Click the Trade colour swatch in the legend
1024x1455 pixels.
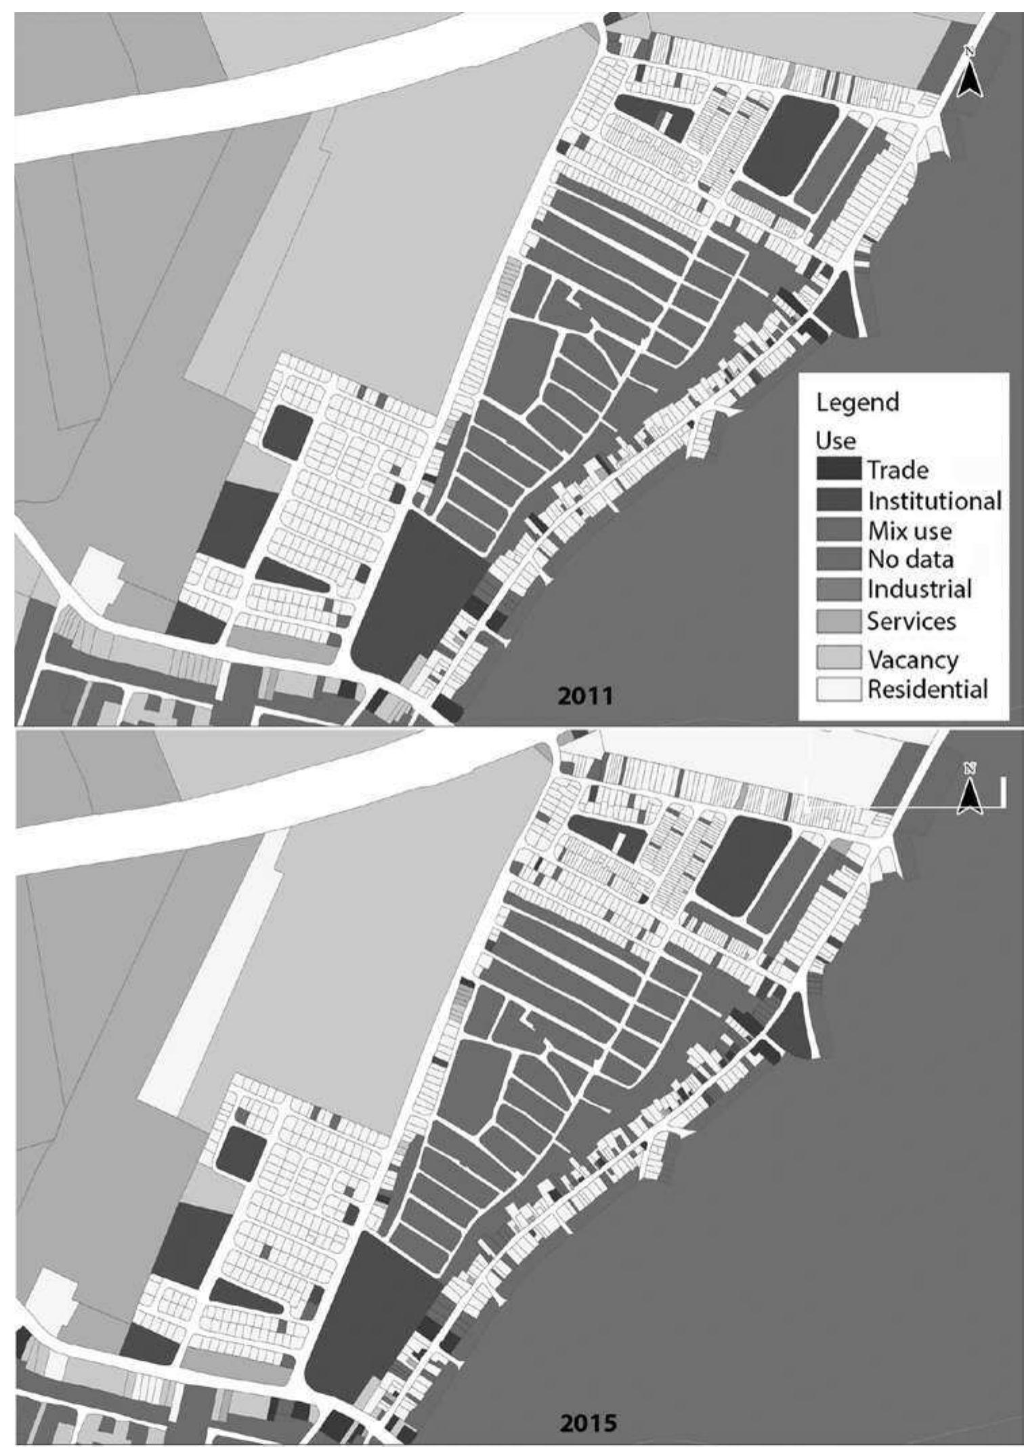point(838,468)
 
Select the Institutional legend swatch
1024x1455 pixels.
point(838,499)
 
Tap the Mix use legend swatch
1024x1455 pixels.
point(838,529)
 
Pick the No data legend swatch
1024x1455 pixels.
point(838,559)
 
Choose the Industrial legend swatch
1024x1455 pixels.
point(838,589)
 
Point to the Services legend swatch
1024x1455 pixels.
point(838,621)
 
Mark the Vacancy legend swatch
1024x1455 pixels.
point(838,658)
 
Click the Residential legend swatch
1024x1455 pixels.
point(838,689)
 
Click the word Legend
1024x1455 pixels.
point(857,403)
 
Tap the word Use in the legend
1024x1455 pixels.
point(836,440)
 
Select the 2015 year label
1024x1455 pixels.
point(589,1422)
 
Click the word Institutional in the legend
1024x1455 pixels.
point(934,500)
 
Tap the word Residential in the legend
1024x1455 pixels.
point(927,689)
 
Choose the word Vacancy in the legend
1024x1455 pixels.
point(913,659)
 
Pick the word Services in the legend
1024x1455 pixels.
point(912,621)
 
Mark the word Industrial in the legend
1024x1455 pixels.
point(920,589)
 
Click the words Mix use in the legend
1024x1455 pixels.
point(910,530)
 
